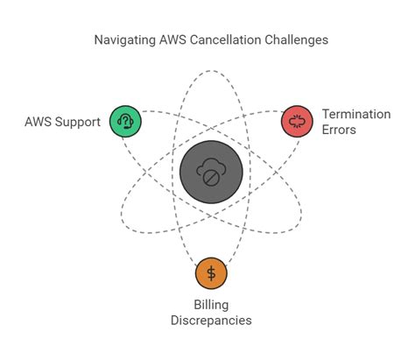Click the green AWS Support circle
(x=125, y=121)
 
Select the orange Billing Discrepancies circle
(x=211, y=272)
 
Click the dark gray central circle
(x=211, y=172)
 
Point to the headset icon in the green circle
(x=125, y=121)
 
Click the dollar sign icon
(x=211, y=272)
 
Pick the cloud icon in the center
(x=211, y=166)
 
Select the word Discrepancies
(x=211, y=320)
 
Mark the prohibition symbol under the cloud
(x=211, y=178)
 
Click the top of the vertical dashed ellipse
(x=211, y=63)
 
